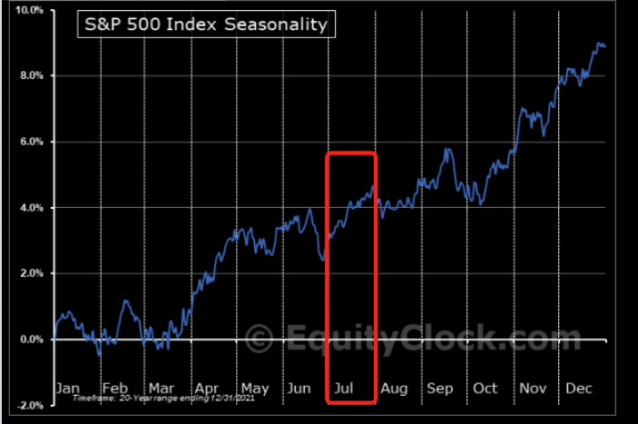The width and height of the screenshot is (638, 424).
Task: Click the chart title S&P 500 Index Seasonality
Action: (204, 25)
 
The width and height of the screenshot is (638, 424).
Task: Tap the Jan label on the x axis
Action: (68, 388)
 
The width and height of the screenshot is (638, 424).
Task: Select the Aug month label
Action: (395, 388)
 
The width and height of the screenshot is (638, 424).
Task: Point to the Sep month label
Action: (440, 388)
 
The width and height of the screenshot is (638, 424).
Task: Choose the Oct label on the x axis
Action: (486, 388)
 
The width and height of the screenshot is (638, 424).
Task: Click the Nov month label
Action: (533, 388)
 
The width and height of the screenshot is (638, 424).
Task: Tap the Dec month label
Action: (579, 388)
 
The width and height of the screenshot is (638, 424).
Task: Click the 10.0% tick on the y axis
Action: (30, 10)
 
